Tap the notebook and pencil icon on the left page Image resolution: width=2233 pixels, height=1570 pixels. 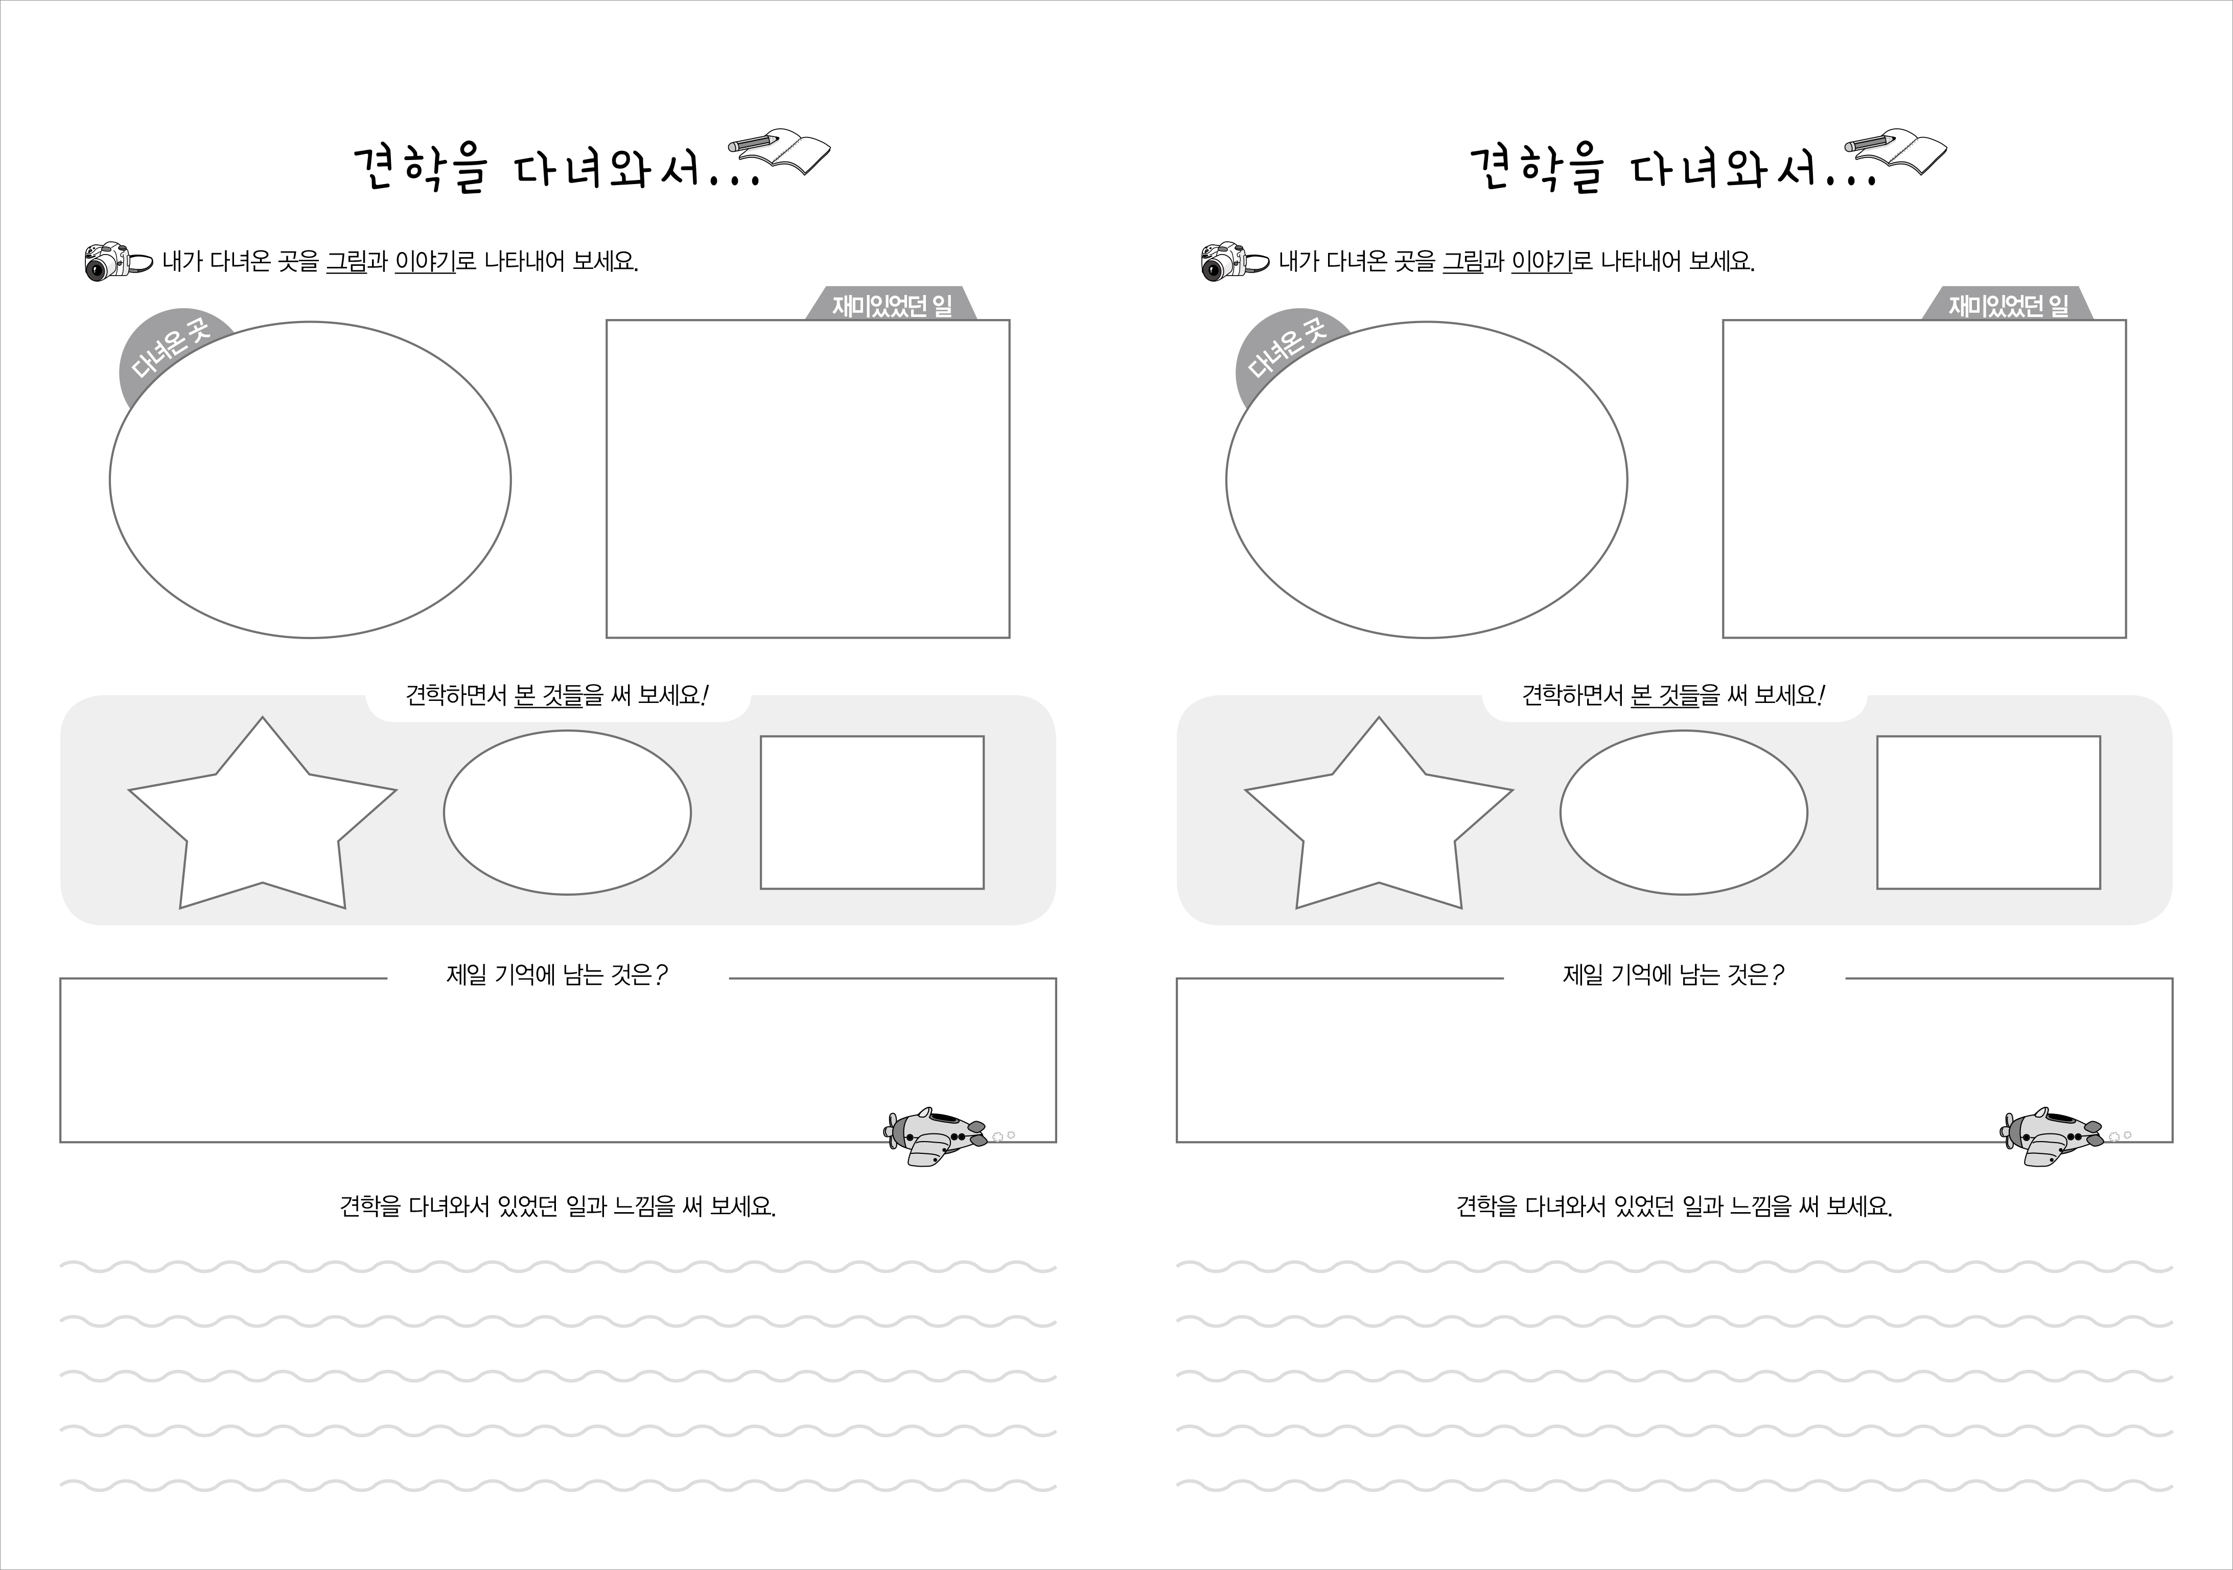click(x=779, y=152)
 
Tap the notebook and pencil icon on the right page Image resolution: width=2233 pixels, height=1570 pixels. click(x=1896, y=152)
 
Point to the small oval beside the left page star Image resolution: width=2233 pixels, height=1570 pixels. click(x=567, y=812)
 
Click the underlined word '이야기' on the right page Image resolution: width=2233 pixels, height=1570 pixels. click(x=1542, y=262)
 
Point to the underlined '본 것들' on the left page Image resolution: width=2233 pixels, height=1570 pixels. click(x=548, y=695)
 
